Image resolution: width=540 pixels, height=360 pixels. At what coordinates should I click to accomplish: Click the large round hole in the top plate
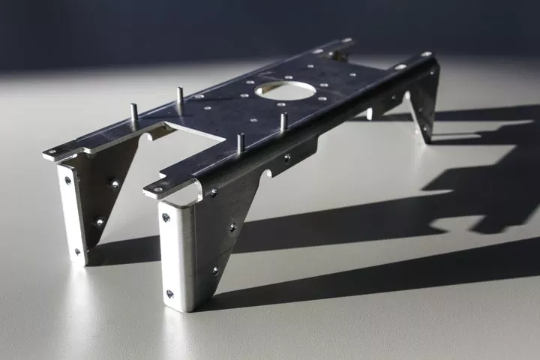click(x=285, y=91)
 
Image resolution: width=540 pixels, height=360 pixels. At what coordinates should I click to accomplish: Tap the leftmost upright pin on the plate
click(x=133, y=112)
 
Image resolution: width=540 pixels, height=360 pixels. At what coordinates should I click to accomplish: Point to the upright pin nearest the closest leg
click(x=240, y=142)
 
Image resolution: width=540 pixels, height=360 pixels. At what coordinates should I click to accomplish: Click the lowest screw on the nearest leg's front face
click(x=169, y=293)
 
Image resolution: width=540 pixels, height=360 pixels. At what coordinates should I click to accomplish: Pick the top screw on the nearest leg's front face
click(x=166, y=217)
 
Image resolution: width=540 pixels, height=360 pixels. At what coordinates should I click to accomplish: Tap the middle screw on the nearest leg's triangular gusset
click(x=232, y=226)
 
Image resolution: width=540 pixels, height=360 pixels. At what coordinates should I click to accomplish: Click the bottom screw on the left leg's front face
click(x=77, y=252)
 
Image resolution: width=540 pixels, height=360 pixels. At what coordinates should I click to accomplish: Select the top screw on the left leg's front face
click(x=68, y=180)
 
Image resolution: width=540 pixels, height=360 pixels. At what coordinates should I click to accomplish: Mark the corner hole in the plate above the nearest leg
click(x=157, y=189)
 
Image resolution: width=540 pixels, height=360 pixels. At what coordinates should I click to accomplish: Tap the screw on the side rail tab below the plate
click(x=286, y=157)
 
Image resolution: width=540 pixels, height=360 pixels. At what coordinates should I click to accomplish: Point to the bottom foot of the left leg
click(x=79, y=259)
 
